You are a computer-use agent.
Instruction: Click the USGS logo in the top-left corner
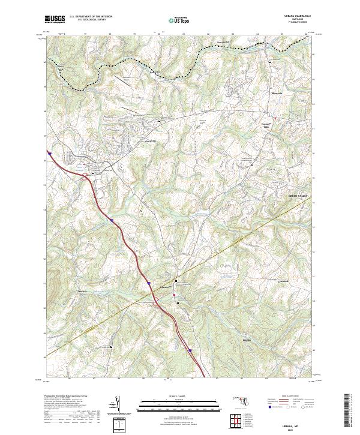55,19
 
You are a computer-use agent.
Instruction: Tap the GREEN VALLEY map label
301,196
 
